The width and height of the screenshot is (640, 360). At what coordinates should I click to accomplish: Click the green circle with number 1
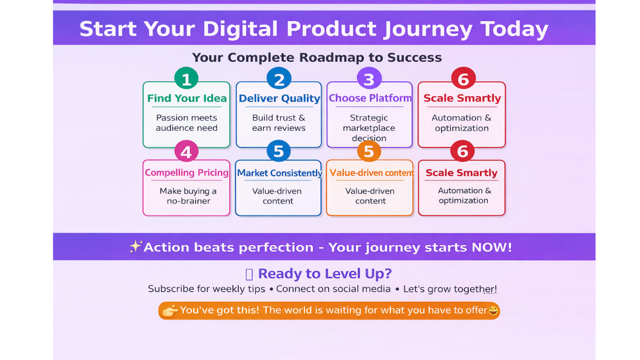[x=186, y=78]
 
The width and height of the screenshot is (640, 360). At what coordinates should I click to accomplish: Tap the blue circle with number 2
[x=279, y=78]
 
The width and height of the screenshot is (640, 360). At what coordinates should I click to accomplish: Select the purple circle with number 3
[x=369, y=78]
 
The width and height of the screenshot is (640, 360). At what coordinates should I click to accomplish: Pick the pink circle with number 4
[x=186, y=151]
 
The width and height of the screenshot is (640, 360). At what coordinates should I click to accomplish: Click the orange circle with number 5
[x=369, y=151]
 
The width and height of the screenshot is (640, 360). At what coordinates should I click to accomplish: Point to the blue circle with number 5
[x=279, y=151]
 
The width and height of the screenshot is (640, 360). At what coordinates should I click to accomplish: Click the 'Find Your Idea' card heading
[x=186, y=98]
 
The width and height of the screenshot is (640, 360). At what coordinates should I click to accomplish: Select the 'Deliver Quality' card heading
[x=279, y=98]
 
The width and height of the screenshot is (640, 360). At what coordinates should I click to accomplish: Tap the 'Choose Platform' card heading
[x=370, y=98]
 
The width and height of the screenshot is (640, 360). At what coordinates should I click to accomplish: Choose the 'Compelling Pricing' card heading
[x=186, y=173]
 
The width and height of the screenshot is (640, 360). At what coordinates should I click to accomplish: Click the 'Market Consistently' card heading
[x=279, y=173]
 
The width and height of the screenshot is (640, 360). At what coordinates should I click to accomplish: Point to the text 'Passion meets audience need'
[x=186, y=123]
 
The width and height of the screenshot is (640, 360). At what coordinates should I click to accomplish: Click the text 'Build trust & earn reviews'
[x=279, y=123]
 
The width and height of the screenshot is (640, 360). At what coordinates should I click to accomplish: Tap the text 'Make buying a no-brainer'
[x=188, y=196]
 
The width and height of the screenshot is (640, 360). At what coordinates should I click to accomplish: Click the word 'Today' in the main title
[x=514, y=29]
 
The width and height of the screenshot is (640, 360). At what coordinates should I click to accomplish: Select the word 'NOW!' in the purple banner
[x=491, y=247]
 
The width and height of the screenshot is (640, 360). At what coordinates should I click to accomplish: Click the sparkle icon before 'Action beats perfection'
[x=135, y=246]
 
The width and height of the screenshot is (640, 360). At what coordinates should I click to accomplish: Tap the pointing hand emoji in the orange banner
[x=170, y=311]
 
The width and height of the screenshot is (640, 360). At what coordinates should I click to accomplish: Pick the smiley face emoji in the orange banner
[x=493, y=311]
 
